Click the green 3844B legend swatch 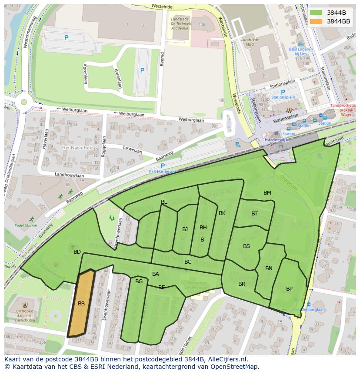[317, 13]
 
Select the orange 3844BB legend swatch [317, 21]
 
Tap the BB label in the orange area [81, 304]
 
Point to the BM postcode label [267, 193]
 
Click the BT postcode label [254, 213]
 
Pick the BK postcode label [222, 213]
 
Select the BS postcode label [247, 246]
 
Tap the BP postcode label [289, 289]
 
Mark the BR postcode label [242, 284]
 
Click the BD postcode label [77, 252]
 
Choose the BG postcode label [139, 281]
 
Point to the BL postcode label [164, 202]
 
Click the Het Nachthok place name [77, 148]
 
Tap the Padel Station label [26, 225]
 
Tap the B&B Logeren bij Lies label [301, 52]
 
